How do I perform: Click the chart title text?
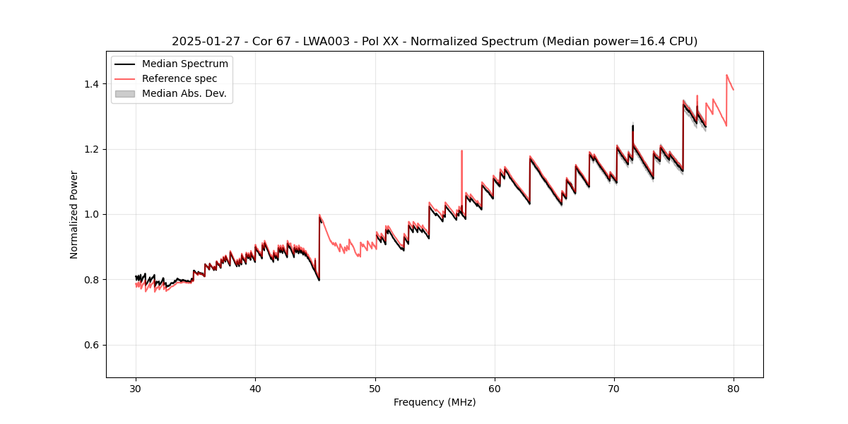coord(435,42)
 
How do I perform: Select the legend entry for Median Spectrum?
coord(184,64)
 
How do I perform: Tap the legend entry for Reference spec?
coord(179,78)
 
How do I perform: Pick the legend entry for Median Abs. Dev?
coord(184,93)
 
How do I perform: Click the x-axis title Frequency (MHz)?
coord(435,402)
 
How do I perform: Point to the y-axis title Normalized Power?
coord(74,214)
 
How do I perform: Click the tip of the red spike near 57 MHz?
coord(461,151)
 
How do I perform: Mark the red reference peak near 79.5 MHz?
coord(726,75)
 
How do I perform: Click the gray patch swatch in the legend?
coord(124,93)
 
